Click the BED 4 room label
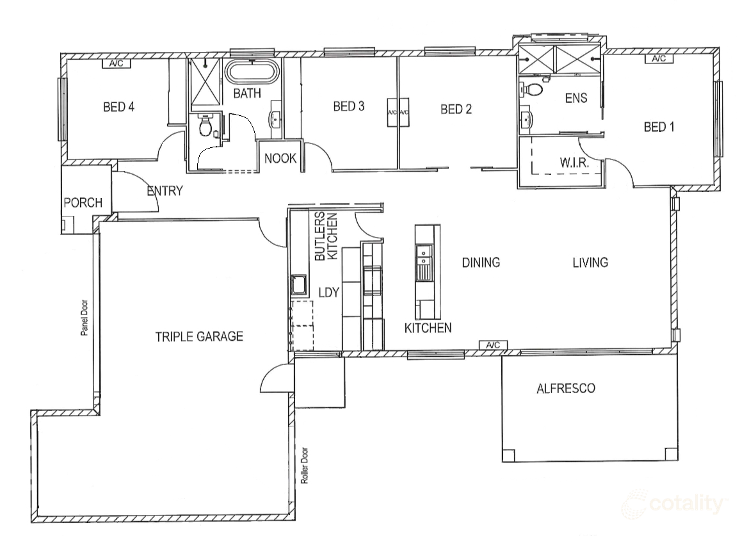(x=119, y=106)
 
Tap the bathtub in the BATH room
(x=251, y=73)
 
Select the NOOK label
(x=280, y=158)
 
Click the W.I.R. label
(x=574, y=163)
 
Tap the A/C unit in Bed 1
(x=659, y=59)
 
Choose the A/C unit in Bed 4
(x=117, y=63)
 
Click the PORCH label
(x=83, y=202)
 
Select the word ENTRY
(x=165, y=191)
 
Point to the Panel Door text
(x=85, y=318)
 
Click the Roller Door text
(x=305, y=466)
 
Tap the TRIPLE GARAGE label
(x=199, y=336)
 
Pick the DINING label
(x=481, y=263)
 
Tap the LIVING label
(x=590, y=263)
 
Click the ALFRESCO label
(x=566, y=388)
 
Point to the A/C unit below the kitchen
(x=493, y=345)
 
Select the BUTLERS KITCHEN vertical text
(x=326, y=236)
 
